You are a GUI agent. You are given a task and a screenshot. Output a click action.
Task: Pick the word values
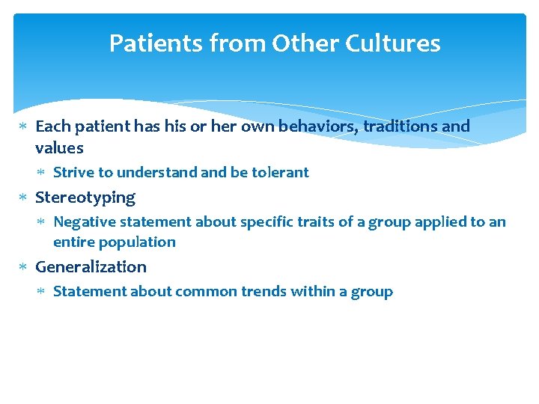coord(59,147)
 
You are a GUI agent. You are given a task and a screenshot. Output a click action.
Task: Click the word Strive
coord(73,173)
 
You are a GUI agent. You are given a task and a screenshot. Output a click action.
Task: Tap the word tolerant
coord(280,173)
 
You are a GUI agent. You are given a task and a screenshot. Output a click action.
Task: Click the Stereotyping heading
coord(85,198)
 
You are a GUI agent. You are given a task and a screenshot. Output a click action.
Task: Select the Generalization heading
coord(91,267)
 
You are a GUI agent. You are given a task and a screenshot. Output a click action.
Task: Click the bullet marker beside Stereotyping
coord(22,198)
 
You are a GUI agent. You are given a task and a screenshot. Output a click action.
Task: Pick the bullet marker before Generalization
coord(22,267)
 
